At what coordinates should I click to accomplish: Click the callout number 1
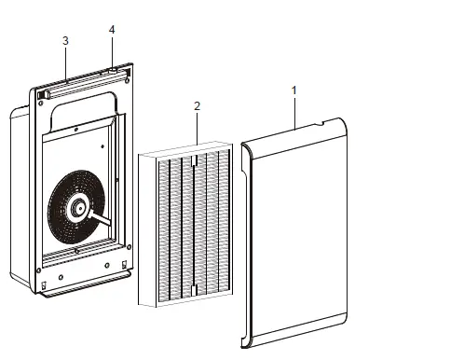(x=294, y=90)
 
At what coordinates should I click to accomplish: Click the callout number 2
(x=197, y=106)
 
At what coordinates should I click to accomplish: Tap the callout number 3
(x=64, y=41)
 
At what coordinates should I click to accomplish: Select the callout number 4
(x=112, y=30)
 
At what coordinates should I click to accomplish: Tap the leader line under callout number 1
(x=294, y=111)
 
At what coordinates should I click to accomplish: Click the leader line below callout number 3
(x=65, y=62)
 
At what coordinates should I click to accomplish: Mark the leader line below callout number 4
(x=112, y=51)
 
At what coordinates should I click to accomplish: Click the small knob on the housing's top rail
(x=112, y=70)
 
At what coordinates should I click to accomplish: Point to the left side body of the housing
(x=19, y=196)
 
